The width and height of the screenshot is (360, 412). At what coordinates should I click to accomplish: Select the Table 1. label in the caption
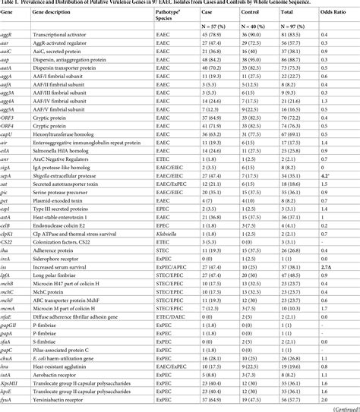[14, 4]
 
